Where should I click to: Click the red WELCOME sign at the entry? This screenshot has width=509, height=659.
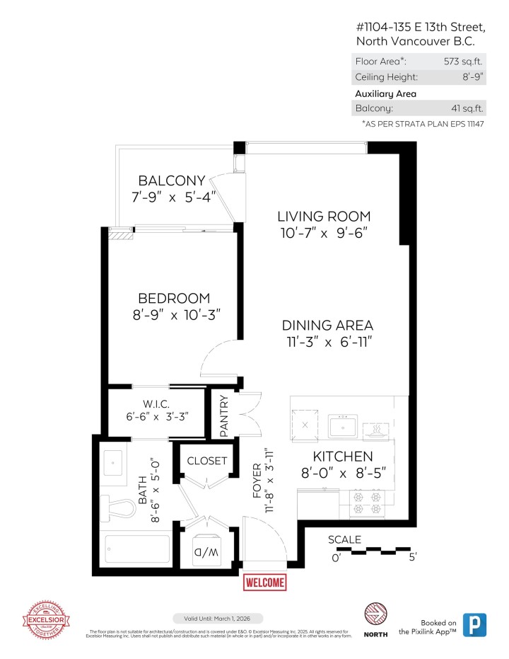tap(265, 583)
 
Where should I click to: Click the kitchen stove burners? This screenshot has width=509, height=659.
tap(367, 502)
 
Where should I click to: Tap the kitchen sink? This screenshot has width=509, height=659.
tap(344, 428)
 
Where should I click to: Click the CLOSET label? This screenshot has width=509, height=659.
tap(207, 461)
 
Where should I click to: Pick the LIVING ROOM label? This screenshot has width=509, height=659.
tap(323, 217)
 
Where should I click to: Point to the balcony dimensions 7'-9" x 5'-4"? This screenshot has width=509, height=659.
tap(172, 197)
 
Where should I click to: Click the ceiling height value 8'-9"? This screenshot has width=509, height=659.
tap(471, 77)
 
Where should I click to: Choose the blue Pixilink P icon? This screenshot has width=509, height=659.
tap(475, 624)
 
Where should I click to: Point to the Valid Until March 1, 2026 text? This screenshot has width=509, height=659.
tap(218, 619)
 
